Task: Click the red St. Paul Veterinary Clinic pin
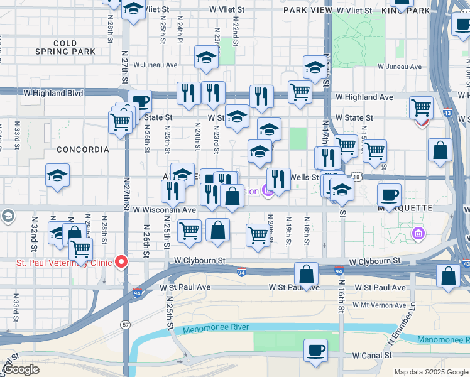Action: pyautogui.click(x=119, y=261)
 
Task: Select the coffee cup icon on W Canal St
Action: pyautogui.click(x=315, y=350)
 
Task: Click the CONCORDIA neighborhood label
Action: pyautogui.click(x=83, y=150)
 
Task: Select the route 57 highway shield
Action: pyautogui.click(x=125, y=324)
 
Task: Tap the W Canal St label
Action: pyautogui.click(x=371, y=355)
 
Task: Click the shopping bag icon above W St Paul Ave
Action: pyautogui.click(x=306, y=274)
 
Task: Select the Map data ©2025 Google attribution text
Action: pyautogui.click(x=431, y=372)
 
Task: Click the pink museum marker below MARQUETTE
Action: pyautogui.click(x=417, y=234)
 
